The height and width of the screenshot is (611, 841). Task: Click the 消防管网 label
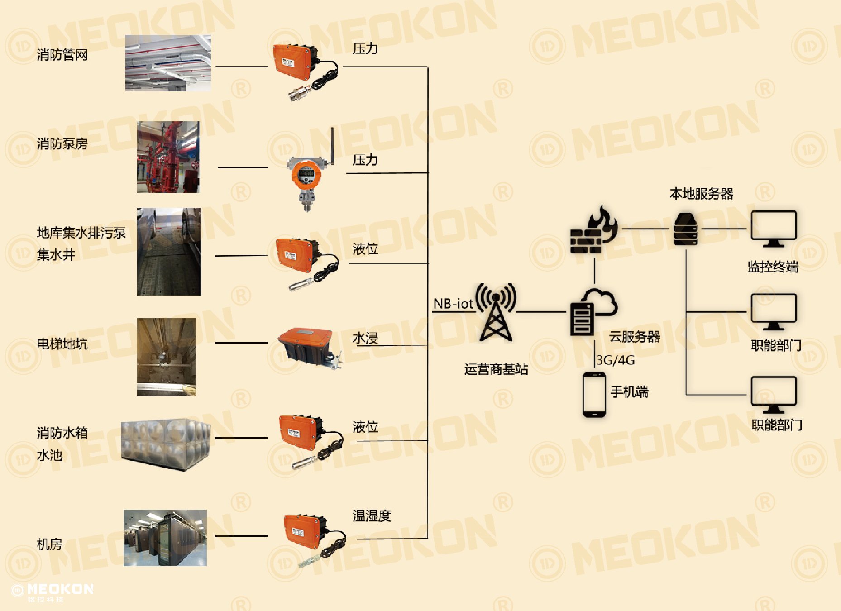pos(62,55)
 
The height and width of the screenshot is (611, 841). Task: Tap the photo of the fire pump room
pos(168,157)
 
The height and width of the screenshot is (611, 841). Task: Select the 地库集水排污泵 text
pos(81,233)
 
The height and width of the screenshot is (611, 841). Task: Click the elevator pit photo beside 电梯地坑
pos(167,357)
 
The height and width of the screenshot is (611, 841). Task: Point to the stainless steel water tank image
pos(166,445)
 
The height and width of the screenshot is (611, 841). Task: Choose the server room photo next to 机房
pos(165,538)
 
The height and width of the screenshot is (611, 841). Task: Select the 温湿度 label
pos(372,516)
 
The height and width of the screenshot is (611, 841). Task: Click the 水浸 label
pos(365,338)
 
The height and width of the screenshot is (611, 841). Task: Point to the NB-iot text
pos(453,304)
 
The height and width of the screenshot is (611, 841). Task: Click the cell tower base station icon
pos(496,312)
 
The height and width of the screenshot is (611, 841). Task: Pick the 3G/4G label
pos(616,360)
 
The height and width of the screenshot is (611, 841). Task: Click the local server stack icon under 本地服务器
pos(685,229)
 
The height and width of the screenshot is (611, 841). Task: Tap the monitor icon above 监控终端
pos(774,229)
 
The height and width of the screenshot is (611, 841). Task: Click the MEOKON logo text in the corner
pos(60,589)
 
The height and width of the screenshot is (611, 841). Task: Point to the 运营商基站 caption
pos(496,369)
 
